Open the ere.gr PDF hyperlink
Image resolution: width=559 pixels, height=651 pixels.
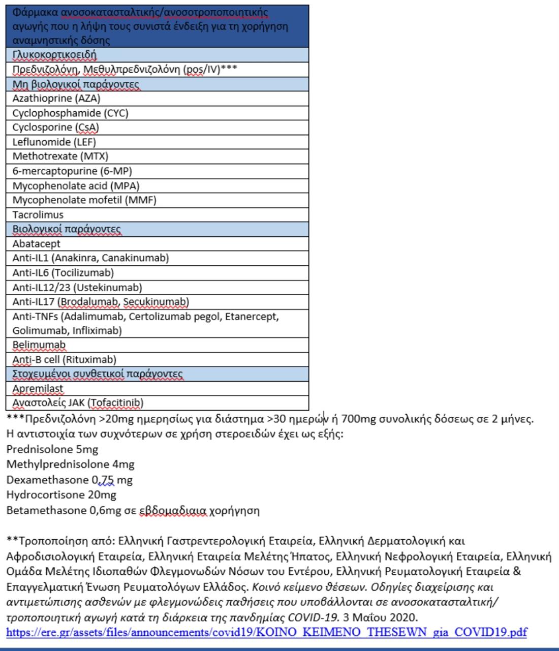pyautogui.click(x=267, y=632)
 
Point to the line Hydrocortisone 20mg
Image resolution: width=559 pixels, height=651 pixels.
pyautogui.click(x=61, y=494)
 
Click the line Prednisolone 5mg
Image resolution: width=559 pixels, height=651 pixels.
pyautogui.click(x=52, y=449)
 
